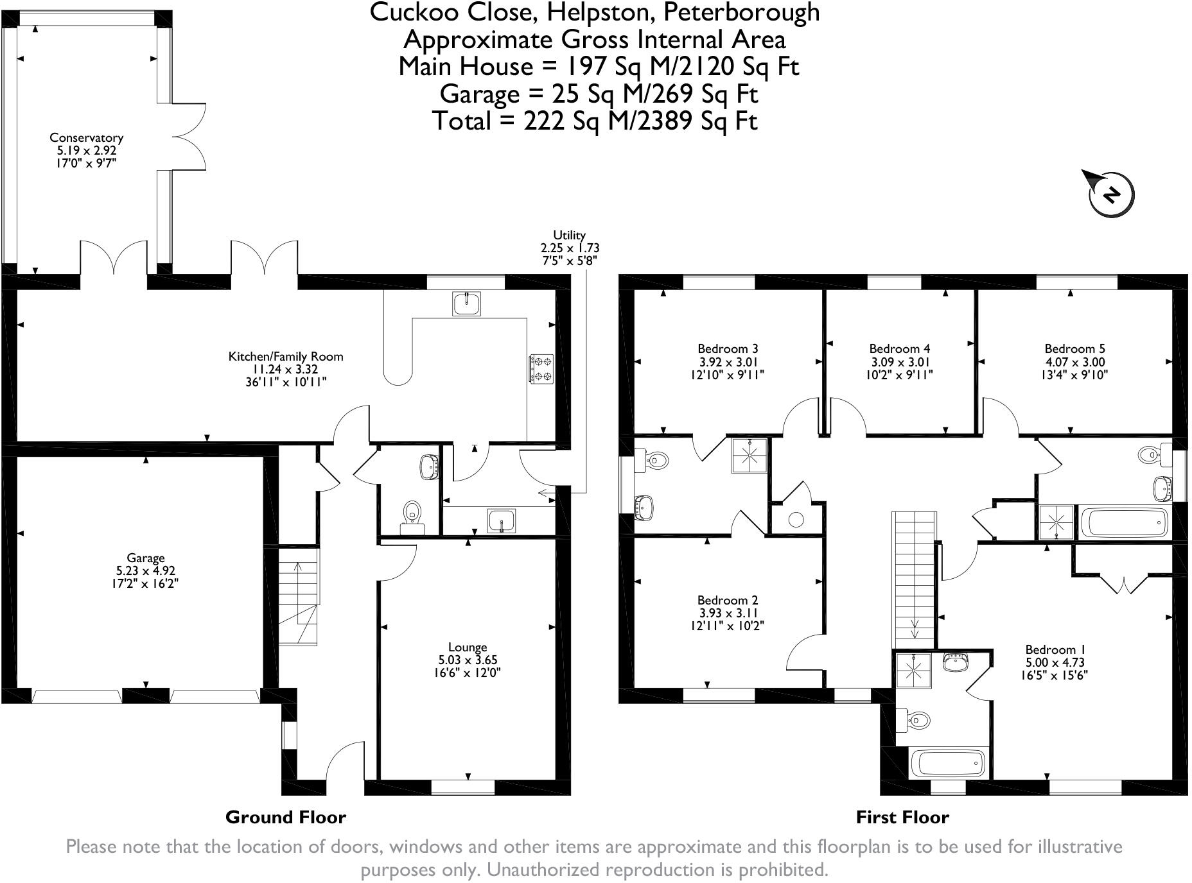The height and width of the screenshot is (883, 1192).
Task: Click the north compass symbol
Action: tap(1110, 193)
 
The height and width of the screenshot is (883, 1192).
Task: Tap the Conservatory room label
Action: tap(86, 137)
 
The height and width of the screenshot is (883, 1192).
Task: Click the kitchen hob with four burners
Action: tap(541, 369)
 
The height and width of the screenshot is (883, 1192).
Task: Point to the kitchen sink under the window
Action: tap(466, 303)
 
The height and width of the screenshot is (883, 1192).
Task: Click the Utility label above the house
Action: tap(569, 236)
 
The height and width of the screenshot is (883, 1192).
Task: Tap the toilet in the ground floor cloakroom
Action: tap(412, 513)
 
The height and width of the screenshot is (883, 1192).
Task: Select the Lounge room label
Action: tap(468, 647)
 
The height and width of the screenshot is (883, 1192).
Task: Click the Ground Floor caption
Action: tap(286, 817)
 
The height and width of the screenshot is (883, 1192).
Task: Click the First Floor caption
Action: tap(902, 817)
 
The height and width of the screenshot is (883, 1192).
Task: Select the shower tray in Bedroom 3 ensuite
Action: tap(749, 456)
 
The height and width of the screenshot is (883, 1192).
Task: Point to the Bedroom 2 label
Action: tap(728, 600)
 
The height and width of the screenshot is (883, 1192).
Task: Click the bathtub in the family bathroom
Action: tap(1124, 523)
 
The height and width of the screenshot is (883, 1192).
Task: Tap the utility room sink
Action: tap(501, 520)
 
